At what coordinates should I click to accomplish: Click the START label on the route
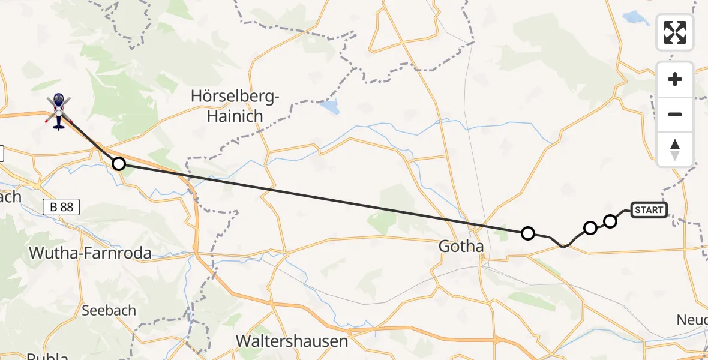649,209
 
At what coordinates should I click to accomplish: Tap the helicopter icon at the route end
58,112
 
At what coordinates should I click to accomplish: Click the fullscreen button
675,32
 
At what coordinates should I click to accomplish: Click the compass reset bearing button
675,149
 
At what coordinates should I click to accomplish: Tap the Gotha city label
461,246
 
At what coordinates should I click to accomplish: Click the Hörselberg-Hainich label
235,106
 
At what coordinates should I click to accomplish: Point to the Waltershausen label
292,341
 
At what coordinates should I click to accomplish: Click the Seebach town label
109,310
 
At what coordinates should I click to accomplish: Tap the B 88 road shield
62,207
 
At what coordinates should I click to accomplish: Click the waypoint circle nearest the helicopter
119,163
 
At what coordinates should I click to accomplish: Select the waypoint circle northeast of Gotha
527,233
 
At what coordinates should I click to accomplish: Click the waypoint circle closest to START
610,221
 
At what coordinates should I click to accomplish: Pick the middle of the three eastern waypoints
590,228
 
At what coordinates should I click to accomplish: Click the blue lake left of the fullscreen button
632,17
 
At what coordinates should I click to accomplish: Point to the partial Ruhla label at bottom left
47,355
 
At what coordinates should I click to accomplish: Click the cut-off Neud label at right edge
692,319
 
